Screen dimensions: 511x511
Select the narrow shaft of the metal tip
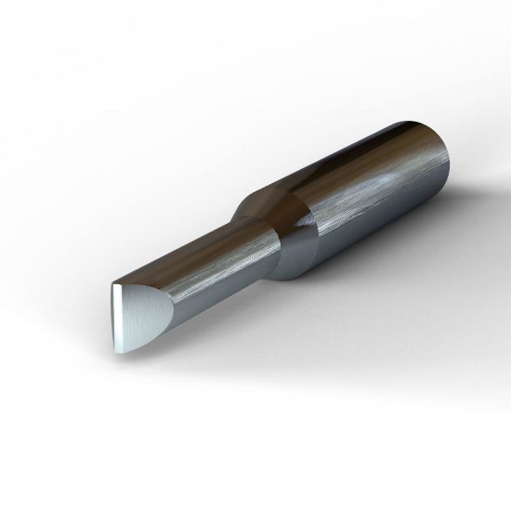coord(204,274)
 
